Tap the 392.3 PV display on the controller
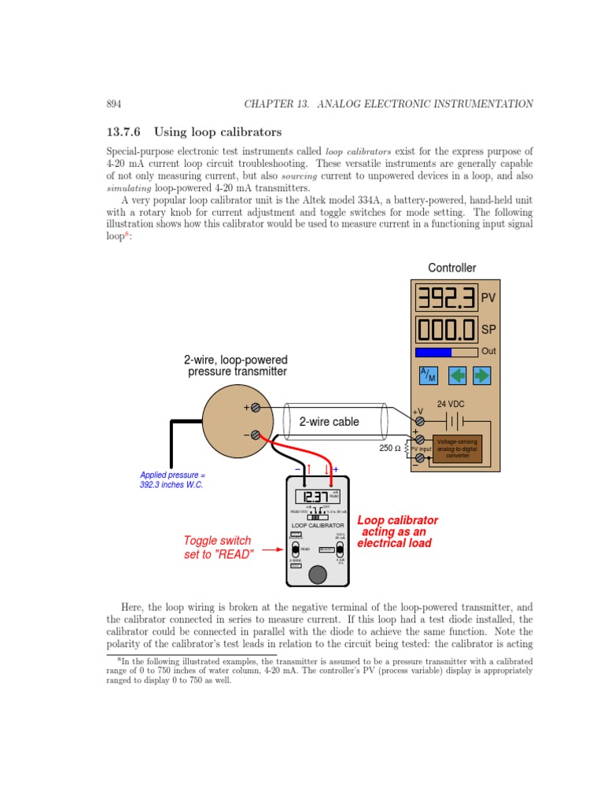[x=446, y=298]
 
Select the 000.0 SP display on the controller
[x=446, y=330]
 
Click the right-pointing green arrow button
[x=481, y=375]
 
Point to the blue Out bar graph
[x=433, y=353]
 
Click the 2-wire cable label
[x=329, y=422]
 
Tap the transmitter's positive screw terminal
[x=255, y=408]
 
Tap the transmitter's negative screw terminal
[x=255, y=434]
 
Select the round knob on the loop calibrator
[x=317, y=575]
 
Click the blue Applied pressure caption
[x=171, y=480]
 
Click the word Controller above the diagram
[x=451, y=268]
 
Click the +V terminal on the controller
[x=420, y=422]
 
